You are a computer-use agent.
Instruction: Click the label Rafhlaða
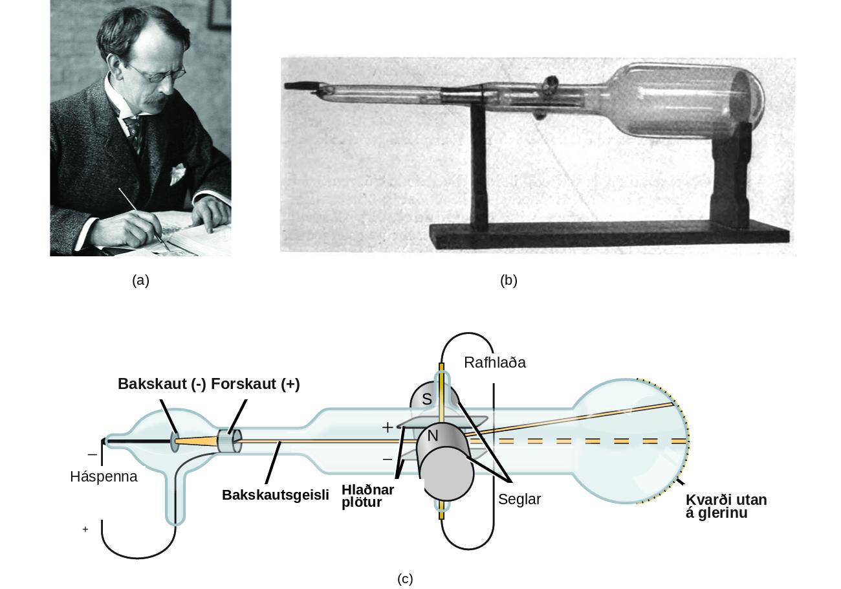point(494,363)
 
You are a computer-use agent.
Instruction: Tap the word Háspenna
point(104,477)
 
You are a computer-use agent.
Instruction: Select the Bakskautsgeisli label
point(275,495)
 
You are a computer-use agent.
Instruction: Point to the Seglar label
point(519,500)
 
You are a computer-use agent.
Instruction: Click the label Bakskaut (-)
point(162,384)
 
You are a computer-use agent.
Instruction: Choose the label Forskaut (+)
point(256,384)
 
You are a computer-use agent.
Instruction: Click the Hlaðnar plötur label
point(367,496)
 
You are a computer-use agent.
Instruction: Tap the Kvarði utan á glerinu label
point(726,506)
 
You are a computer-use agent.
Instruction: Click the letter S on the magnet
point(426,399)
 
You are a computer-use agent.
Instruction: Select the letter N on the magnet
point(433,436)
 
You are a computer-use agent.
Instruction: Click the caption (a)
point(141,281)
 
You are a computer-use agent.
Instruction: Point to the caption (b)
point(508,281)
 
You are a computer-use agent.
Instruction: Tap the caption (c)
point(405,579)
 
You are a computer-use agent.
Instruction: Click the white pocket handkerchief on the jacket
point(177,173)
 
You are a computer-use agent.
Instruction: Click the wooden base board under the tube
point(609,236)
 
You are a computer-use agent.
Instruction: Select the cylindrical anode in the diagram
point(230,441)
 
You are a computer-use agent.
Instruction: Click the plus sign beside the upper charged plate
point(388,427)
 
